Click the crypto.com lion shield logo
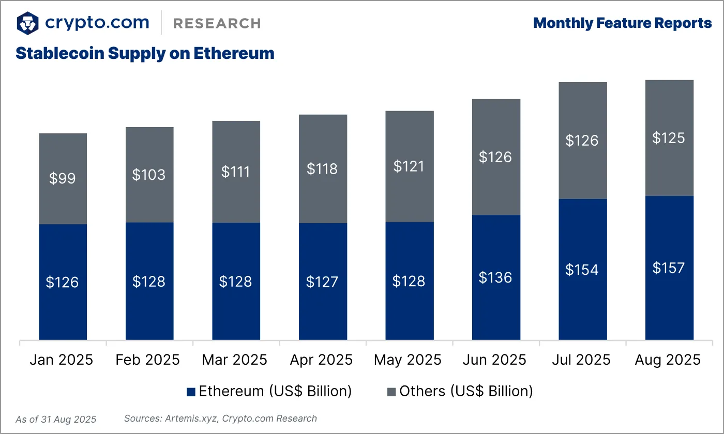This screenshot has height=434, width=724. [x=27, y=23]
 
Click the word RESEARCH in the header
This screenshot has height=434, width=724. [x=217, y=23]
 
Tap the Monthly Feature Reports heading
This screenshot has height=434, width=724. [x=622, y=23]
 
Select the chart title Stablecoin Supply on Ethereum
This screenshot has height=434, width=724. [x=145, y=53]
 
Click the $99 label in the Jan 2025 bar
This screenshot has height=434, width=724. [x=63, y=178]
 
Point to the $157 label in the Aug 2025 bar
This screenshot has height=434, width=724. [x=669, y=268]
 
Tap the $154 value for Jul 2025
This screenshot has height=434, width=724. [x=582, y=269]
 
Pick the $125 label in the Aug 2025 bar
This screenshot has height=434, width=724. [x=669, y=138]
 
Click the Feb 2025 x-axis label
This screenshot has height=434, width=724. [x=149, y=360]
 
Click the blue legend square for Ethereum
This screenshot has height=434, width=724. [x=191, y=392]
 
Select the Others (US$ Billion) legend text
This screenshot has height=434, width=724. [x=466, y=391]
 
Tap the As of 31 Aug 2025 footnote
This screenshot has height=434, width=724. [x=56, y=419]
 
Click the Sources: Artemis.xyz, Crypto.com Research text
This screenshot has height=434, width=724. [x=220, y=419]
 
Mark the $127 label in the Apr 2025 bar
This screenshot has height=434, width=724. [x=323, y=282]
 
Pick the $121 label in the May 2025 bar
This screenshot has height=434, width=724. [x=410, y=166]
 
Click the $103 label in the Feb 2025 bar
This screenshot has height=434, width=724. [x=149, y=175]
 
